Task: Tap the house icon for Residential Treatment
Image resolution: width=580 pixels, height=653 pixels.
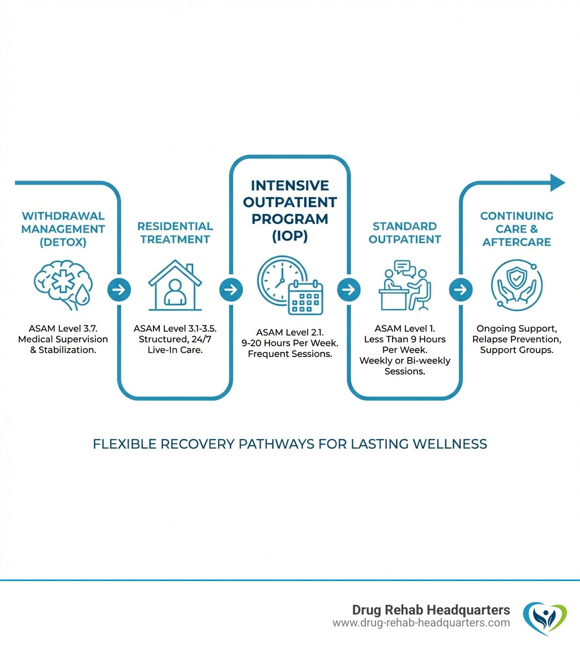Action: (175, 286)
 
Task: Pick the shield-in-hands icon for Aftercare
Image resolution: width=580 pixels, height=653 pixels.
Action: (516, 286)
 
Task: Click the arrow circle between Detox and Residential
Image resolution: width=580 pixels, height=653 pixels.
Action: (119, 290)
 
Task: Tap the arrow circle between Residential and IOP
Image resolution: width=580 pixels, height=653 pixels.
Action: (231, 290)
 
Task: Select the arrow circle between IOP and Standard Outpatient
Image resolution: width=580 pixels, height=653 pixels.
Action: (348, 290)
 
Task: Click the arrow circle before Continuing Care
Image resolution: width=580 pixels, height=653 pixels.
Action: (460, 290)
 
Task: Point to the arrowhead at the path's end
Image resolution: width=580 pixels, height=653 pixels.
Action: (558, 183)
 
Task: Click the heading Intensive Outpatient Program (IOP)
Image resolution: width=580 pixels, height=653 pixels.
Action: (290, 210)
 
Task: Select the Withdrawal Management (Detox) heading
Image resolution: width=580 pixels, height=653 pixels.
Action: (63, 229)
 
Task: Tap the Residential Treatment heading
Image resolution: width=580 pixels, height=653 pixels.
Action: (175, 233)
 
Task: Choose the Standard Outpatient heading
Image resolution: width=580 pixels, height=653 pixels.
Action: (404, 233)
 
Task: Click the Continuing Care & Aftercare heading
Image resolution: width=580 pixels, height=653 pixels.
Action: (517, 229)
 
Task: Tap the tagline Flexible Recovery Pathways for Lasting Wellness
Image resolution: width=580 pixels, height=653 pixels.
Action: (290, 444)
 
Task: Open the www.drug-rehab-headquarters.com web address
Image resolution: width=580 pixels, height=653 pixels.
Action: (421, 623)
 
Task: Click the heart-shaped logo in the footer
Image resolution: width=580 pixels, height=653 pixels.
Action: (544, 617)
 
